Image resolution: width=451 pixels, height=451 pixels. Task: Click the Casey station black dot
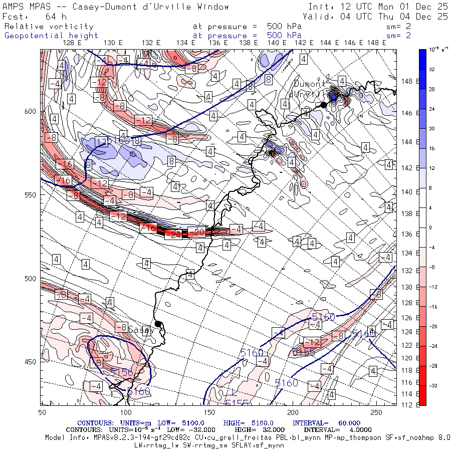click(158, 324)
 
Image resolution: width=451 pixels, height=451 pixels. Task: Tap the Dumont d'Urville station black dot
click(324, 105)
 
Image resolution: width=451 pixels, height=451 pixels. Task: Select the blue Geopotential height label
click(52, 36)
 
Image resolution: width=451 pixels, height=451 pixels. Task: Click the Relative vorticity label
click(49, 26)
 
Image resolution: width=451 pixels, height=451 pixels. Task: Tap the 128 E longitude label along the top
click(73, 43)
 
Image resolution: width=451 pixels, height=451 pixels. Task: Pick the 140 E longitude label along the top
click(277, 43)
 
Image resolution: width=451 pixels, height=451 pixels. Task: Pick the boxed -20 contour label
click(199, 232)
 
